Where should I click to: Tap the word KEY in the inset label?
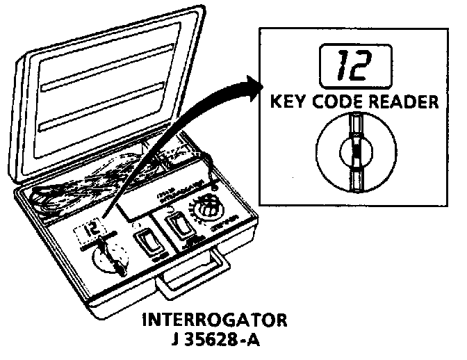(x=288, y=101)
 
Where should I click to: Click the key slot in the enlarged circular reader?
(x=356, y=150)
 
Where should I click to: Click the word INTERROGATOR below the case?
(x=215, y=321)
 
